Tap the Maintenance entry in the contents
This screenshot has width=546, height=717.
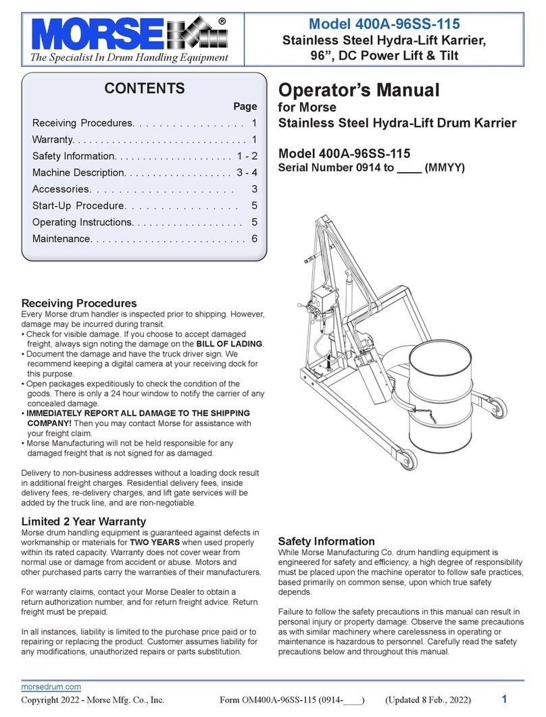click(61, 239)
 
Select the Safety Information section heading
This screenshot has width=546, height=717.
click(326, 541)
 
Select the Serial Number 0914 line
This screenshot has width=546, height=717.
click(372, 167)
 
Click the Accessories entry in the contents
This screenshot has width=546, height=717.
click(61, 190)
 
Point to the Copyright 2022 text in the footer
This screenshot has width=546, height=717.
click(93, 700)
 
